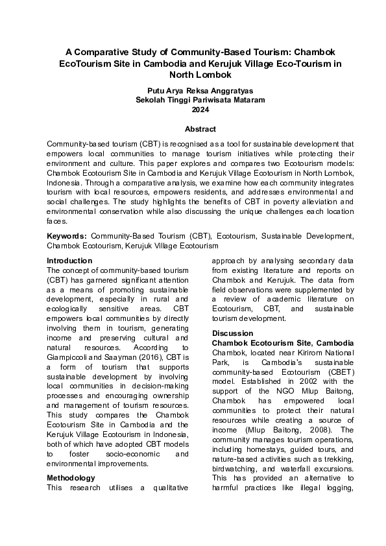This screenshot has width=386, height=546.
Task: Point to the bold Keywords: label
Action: point(67,237)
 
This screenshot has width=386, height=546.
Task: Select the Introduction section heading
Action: point(69,261)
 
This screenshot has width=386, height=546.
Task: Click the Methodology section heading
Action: point(71,478)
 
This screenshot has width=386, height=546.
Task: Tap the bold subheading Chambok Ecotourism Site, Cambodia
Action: point(283,342)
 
